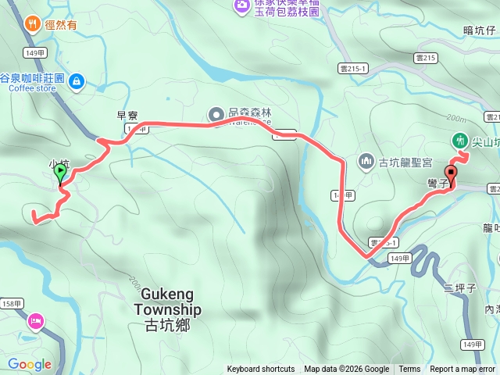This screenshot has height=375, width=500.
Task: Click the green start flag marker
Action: (60, 173)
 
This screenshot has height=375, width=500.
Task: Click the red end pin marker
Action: (451, 174)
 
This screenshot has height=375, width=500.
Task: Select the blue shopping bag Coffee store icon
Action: (76, 80)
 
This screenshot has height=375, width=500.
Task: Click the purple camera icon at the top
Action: (241, 5)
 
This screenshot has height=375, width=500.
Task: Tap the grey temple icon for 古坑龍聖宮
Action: (366, 162)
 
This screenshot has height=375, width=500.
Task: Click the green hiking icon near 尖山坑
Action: (459, 141)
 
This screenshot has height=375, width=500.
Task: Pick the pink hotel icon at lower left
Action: (34, 321)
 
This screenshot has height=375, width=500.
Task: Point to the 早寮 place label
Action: (127, 116)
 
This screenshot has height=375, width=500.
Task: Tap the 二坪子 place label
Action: (459, 288)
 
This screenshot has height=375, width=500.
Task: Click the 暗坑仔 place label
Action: (479, 31)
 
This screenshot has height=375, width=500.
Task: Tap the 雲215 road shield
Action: (426, 58)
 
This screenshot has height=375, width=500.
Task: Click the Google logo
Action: (30, 364)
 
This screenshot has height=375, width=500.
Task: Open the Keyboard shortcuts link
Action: (261, 370)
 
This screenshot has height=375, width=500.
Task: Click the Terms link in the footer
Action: (409, 370)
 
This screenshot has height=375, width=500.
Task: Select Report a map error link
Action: (462, 370)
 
